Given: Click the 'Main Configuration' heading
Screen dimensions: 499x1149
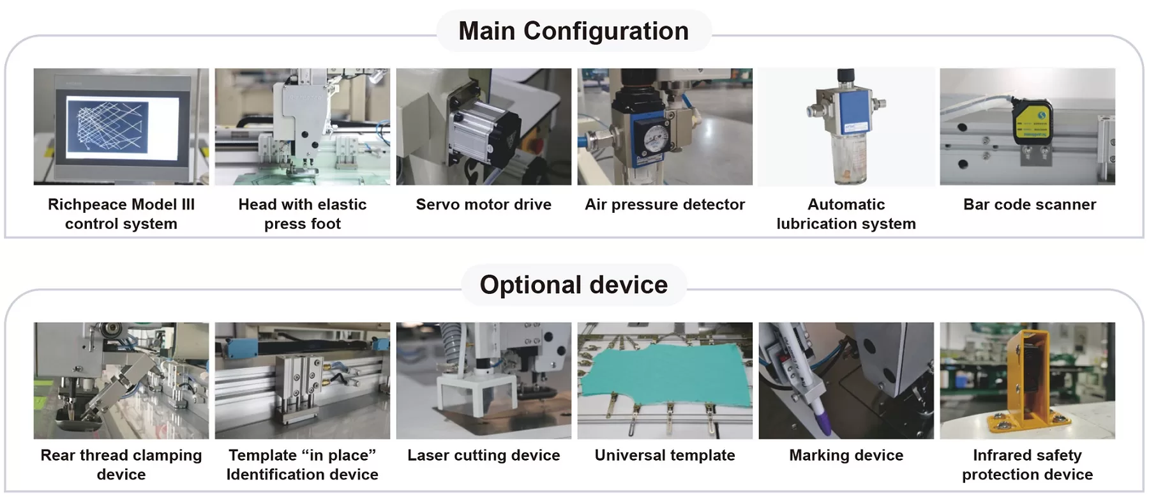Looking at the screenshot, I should (573, 31).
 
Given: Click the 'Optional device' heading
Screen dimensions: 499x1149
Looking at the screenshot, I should (573, 285).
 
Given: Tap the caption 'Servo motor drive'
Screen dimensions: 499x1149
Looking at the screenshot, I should (483, 204).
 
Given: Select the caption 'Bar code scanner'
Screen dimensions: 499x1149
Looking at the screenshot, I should (1029, 204).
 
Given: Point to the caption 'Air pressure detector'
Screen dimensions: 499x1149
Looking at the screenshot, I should (665, 204).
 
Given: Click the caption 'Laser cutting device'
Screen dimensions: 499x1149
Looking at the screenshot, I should (483, 456).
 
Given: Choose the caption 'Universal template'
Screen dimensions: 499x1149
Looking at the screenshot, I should (665, 456).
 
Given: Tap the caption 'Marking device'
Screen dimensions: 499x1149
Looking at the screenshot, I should (846, 456).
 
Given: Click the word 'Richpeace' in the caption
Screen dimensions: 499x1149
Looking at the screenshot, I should (87, 204).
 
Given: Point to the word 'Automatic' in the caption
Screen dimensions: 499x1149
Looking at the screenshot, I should (846, 204).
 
